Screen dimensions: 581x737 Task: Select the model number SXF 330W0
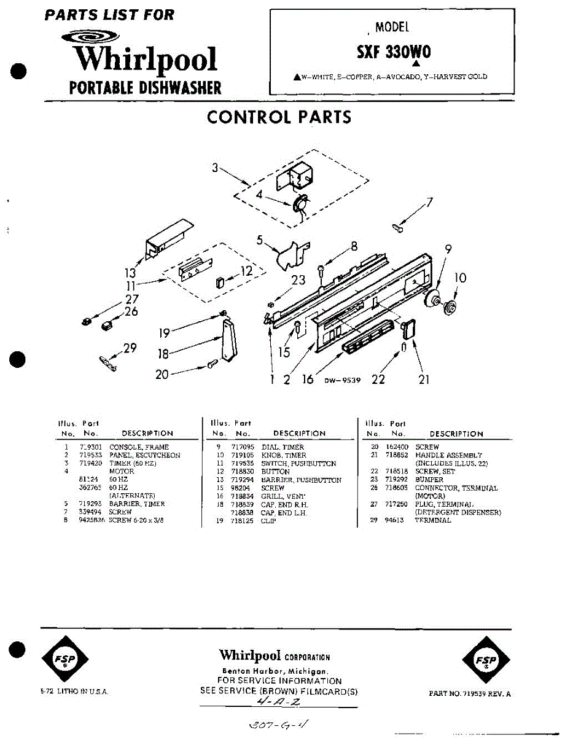click(394, 53)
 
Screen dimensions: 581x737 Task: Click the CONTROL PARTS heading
click(279, 117)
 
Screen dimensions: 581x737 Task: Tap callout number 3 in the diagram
click(216, 167)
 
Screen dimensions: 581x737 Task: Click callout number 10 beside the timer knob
click(460, 278)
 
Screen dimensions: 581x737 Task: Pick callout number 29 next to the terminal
click(130, 348)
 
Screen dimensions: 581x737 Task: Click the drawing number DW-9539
click(343, 381)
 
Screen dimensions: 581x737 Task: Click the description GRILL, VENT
click(283, 496)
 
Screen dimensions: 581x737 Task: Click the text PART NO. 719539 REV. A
click(470, 694)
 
